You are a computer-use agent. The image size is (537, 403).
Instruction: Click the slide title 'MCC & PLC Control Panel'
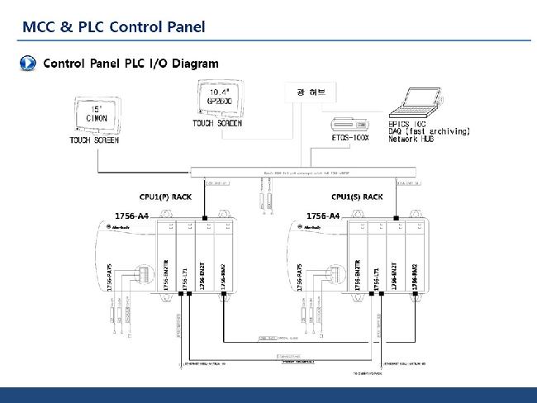pyautogui.click(x=114, y=27)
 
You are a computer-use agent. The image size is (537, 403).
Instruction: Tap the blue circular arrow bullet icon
pyautogui.click(x=27, y=64)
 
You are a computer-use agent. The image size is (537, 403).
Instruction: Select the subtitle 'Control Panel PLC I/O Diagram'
pyautogui.click(x=131, y=64)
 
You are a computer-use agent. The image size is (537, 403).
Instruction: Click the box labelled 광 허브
pyautogui.click(x=305, y=92)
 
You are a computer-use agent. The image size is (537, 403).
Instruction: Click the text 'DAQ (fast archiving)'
pyautogui.click(x=429, y=131)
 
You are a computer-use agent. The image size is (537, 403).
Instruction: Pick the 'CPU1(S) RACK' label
pyautogui.click(x=357, y=197)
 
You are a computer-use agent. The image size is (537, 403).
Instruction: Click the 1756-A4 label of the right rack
pyautogui.click(x=323, y=216)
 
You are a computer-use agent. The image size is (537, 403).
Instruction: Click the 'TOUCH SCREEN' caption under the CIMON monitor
pyautogui.click(x=94, y=141)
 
